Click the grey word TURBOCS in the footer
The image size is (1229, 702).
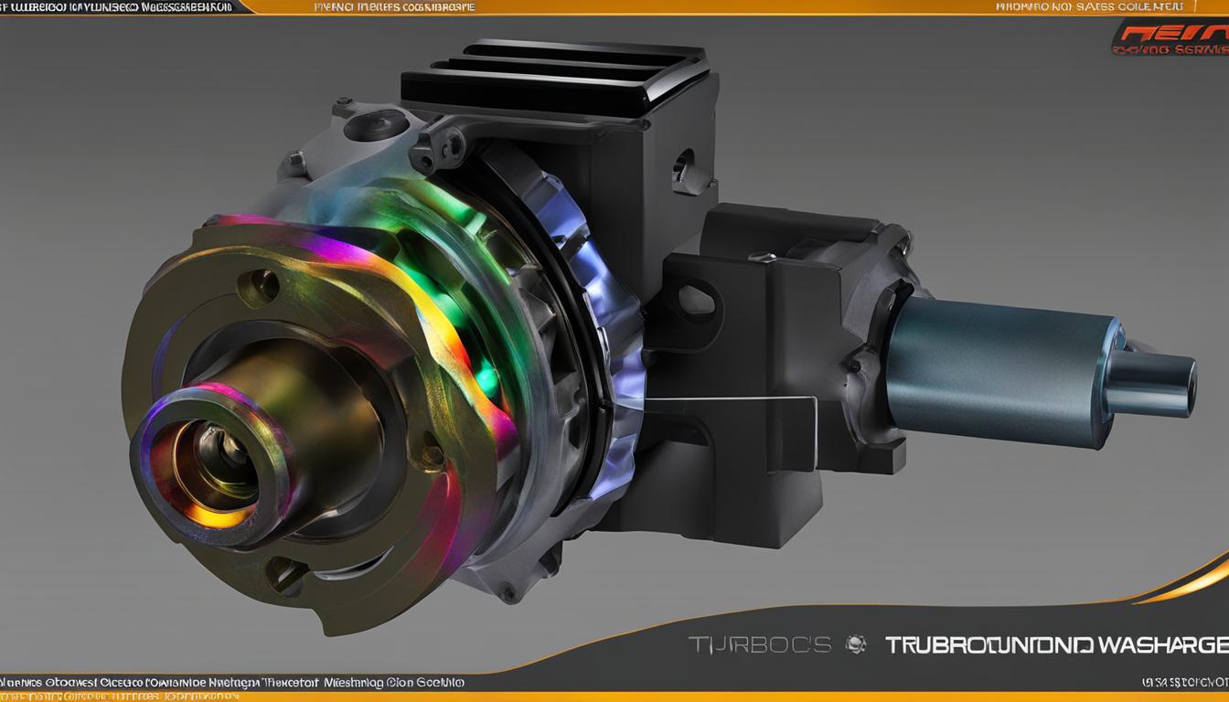click(x=759, y=644)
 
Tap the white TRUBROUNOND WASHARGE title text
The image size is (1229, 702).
click(x=1055, y=644)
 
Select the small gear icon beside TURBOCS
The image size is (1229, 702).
click(x=856, y=644)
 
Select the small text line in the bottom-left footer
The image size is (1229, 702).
click(x=233, y=682)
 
